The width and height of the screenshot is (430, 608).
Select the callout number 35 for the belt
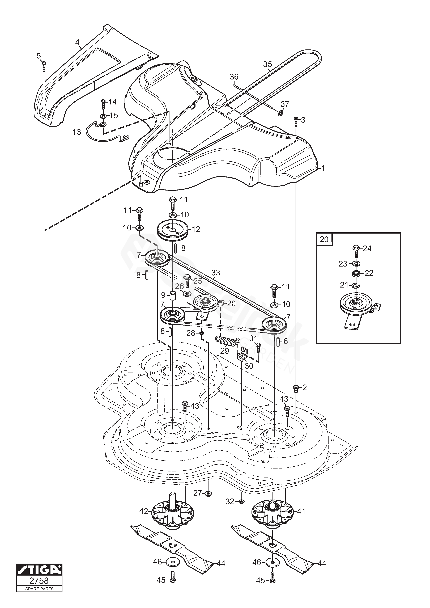click(267, 64)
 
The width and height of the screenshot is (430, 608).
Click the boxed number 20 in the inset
click(324, 239)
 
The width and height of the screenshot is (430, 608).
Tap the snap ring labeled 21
click(355, 285)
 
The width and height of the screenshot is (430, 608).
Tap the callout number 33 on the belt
click(216, 272)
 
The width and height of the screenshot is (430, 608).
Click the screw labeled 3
click(296, 122)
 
